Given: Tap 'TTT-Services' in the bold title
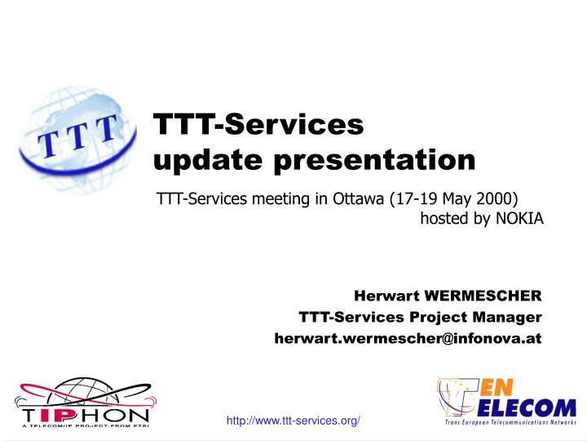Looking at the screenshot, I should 259,125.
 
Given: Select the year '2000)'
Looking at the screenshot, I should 498,199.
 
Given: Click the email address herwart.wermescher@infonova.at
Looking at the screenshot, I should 408,337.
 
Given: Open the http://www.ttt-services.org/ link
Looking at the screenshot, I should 293,420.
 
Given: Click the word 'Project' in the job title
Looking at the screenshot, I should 445,316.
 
